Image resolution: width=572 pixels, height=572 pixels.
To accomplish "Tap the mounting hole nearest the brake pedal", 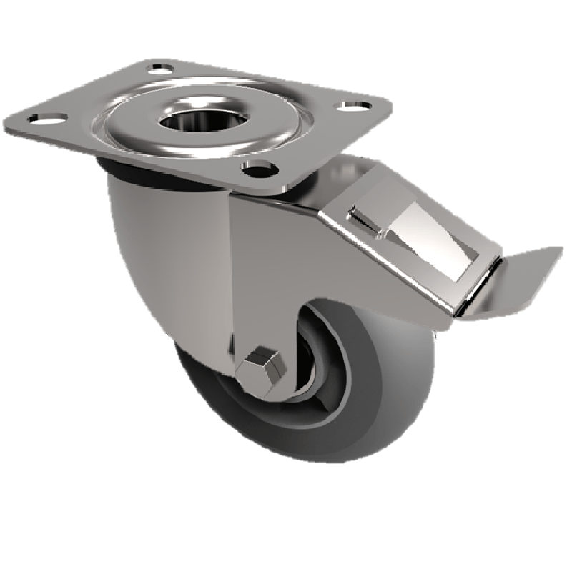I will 351,107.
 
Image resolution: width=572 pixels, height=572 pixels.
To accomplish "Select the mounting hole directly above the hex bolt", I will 259,169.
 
